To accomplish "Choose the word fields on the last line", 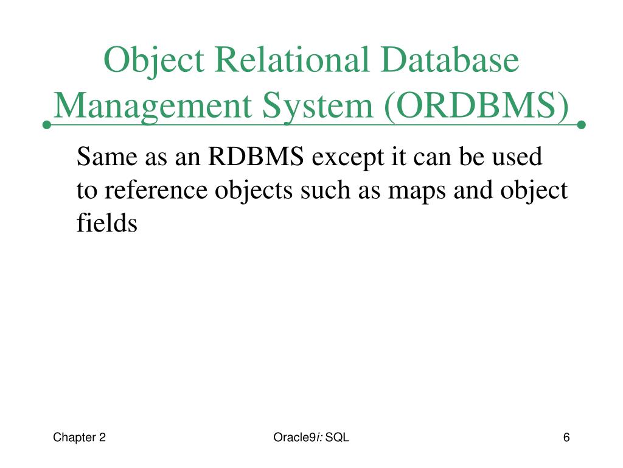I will [x=107, y=223].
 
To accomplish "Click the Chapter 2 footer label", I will [x=80, y=437].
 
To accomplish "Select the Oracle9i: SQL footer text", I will [x=311, y=437].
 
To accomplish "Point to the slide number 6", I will [x=566, y=437].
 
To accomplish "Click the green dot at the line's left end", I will [x=46, y=125].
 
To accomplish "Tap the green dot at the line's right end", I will [x=581, y=125].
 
